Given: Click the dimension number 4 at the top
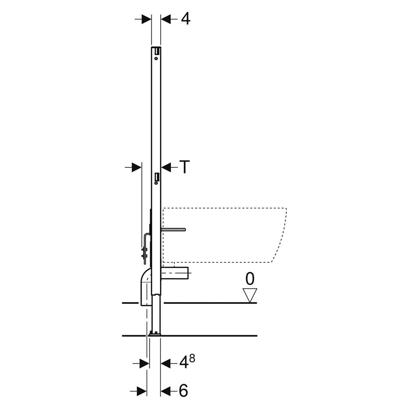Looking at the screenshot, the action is [186, 19].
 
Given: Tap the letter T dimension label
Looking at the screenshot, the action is [184, 166].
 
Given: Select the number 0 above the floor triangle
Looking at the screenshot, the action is [250, 279].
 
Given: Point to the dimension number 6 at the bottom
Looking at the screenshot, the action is [184, 390].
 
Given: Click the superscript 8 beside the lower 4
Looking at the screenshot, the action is [192, 359].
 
